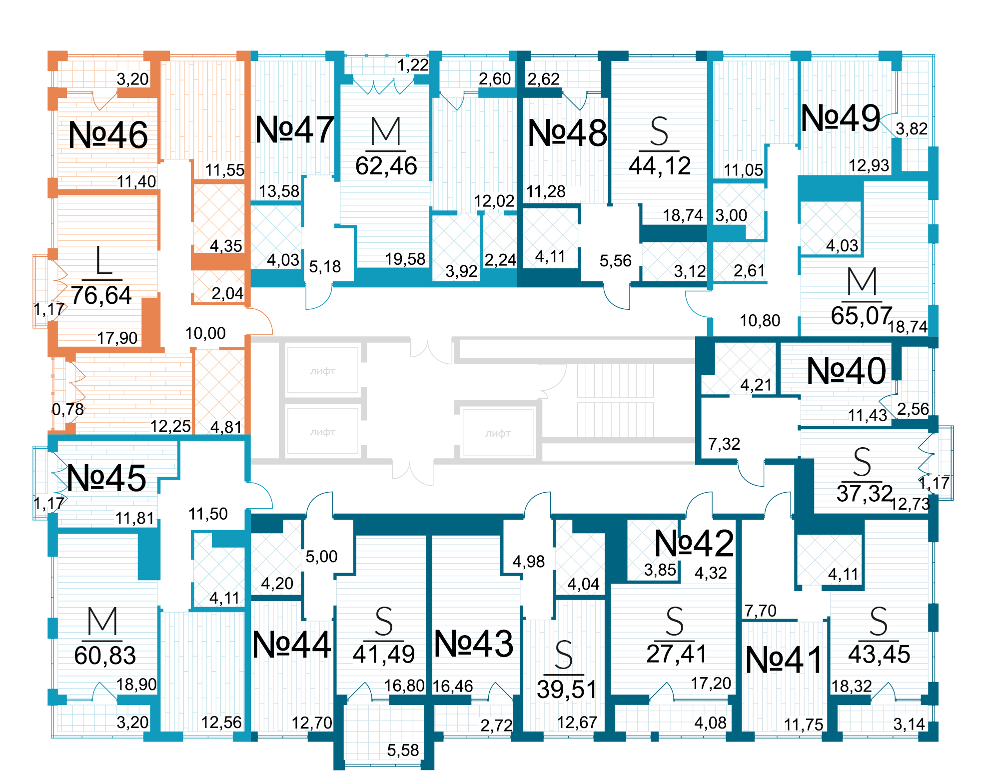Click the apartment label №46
108,135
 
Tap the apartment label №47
294,130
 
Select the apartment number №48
567,133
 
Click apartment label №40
846,371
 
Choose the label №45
106,478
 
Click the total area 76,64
101,295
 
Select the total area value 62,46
386,166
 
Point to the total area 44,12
660,166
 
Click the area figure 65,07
861,316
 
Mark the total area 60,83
105,656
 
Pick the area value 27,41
676,654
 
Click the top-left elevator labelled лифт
322,371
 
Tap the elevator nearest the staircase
498,433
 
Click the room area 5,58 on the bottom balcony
403,750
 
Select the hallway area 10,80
760,320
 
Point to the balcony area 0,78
68,409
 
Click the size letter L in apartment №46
103,261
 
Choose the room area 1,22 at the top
413,65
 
